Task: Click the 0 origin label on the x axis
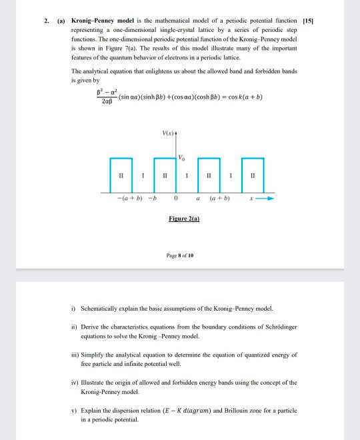[175, 198]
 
